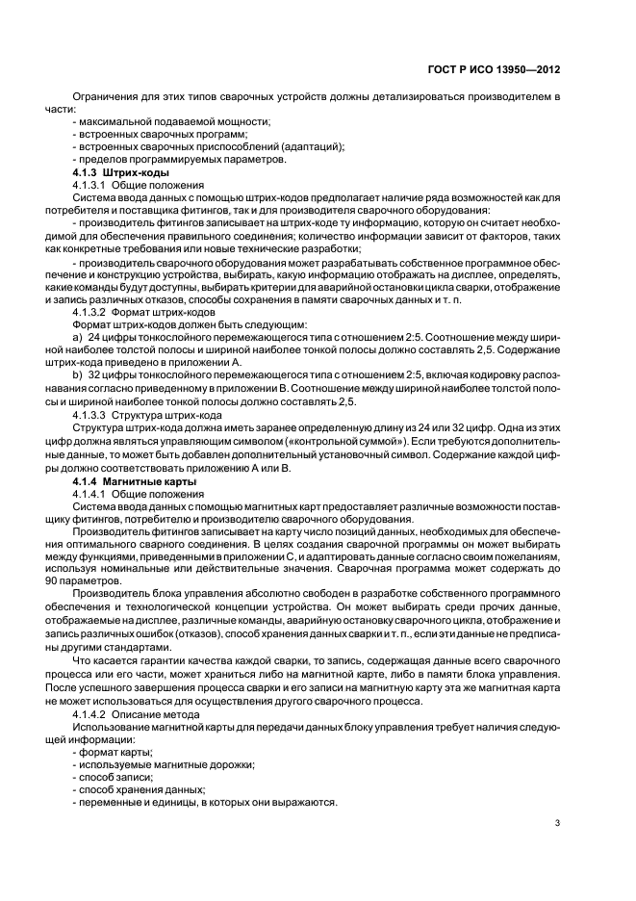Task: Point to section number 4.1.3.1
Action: [89, 183]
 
